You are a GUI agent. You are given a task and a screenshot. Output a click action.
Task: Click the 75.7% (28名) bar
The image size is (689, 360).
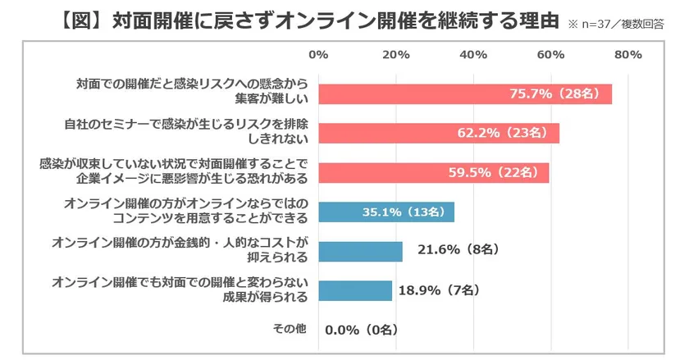coord(464,93)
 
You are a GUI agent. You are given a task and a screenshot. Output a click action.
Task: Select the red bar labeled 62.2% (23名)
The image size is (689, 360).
coord(438,133)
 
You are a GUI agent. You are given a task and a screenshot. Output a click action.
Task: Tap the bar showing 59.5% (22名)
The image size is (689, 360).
coord(433,172)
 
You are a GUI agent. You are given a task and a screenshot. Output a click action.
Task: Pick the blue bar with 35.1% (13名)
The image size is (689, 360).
coord(386,212)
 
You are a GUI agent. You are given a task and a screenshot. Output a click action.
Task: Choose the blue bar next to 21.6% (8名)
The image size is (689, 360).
coord(360,251)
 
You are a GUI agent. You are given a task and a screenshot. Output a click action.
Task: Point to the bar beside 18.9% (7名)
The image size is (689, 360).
coord(354,290)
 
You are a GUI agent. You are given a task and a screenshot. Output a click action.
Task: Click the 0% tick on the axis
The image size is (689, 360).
coord(318,55)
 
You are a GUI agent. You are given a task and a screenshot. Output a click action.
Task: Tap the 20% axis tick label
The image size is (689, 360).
coord(396,55)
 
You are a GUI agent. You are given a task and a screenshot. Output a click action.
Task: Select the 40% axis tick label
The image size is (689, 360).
coord(473,55)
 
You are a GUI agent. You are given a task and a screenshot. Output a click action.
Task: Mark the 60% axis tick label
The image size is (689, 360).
coord(550,55)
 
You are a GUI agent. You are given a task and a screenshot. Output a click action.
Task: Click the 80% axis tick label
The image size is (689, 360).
coord(627,55)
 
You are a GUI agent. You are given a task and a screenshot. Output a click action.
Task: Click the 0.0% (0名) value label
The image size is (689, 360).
coord(362,330)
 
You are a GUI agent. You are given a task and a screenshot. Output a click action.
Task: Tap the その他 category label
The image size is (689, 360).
coord(289,329)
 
